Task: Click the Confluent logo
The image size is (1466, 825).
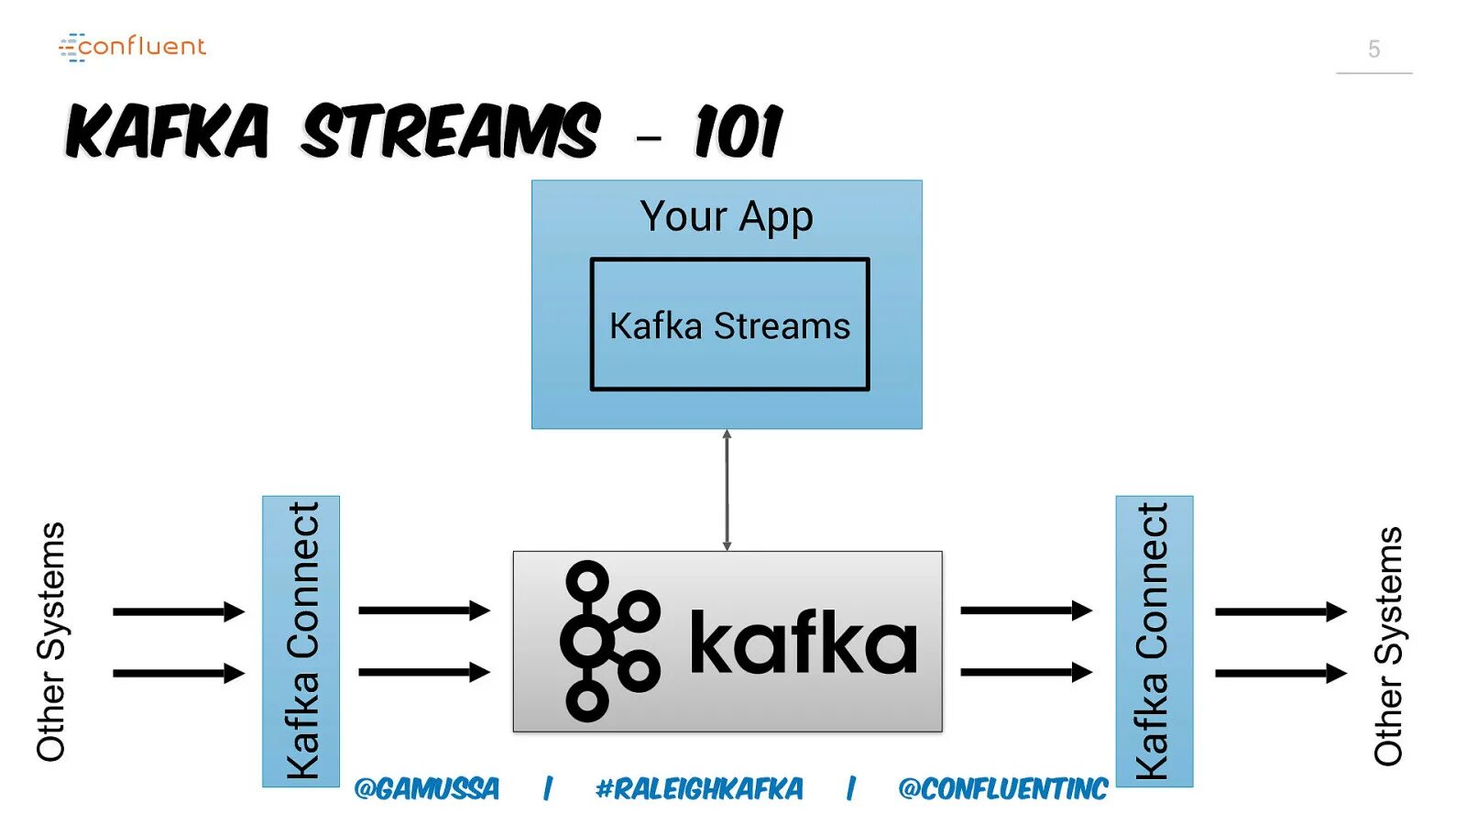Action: pyautogui.click(x=133, y=47)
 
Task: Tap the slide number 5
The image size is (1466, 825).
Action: pyautogui.click(x=1373, y=49)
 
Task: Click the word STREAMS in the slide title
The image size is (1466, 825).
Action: pyautogui.click(x=451, y=131)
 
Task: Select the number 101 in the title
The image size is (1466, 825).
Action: pyautogui.click(x=738, y=132)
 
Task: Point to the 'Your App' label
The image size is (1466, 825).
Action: pyautogui.click(x=727, y=217)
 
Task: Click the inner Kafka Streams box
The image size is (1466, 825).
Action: pyautogui.click(x=729, y=324)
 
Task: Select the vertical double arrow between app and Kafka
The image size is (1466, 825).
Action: pyautogui.click(x=727, y=489)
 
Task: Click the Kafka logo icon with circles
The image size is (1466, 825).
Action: pyautogui.click(x=608, y=641)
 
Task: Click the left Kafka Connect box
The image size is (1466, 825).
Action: pyautogui.click(x=301, y=641)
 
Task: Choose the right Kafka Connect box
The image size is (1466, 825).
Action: pyautogui.click(x=1154, y=641)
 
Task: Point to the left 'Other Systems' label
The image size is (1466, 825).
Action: pyautogui.click(x=51, y=642)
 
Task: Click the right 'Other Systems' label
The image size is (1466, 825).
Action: pyautogui.click(x=1388, y=645)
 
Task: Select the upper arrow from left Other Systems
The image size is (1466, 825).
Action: pyautogui.click(x=178, y=611)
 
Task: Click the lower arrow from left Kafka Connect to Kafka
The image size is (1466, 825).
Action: pyautogui.click(x=423, y=673)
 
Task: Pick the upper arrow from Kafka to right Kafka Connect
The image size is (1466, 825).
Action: pyautogui.click(x=1025, y=610)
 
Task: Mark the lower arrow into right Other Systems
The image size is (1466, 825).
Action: pyautogui.click(x=1280, y=674)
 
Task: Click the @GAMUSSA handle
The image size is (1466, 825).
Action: pyautogui.click(x=427, y=788)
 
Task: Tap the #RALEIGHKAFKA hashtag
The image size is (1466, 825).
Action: pyautogui.click(x=699, y=788)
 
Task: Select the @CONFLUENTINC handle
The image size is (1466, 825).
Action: pyautogui.click(x=1003, y=788)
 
